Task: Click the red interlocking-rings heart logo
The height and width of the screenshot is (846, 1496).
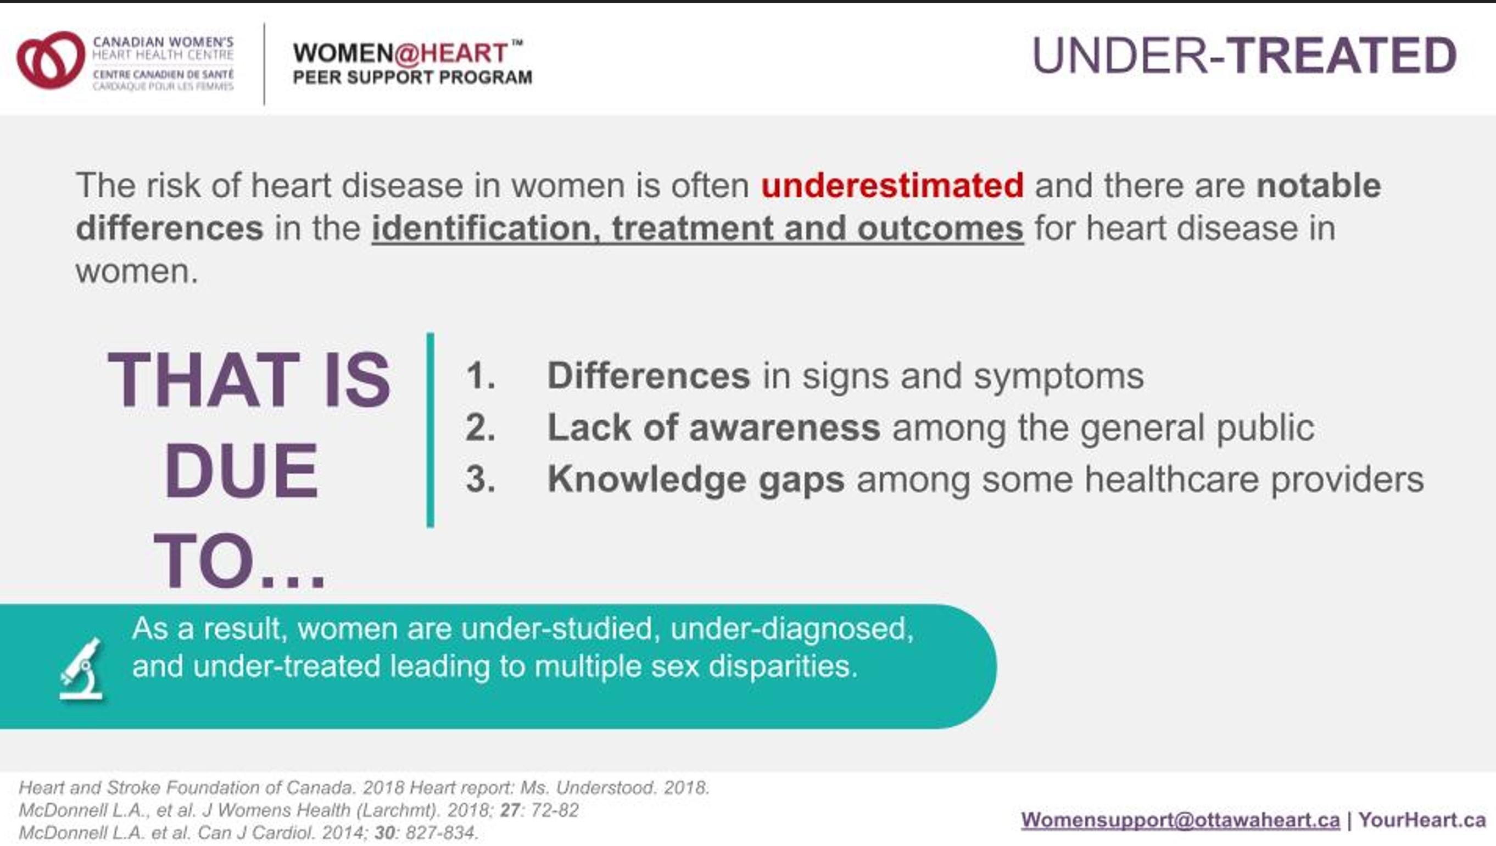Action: point(51,60)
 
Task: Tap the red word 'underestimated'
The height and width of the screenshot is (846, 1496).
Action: point(892,185)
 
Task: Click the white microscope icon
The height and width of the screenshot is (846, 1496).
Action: point(82,669)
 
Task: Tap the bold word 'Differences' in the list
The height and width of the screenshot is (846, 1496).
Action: point(649,375)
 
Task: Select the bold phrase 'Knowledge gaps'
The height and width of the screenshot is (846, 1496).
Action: point(696,480)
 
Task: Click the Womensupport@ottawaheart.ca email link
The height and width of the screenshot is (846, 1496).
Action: point(1180,820)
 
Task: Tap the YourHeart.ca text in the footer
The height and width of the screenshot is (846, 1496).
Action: point(1422,820)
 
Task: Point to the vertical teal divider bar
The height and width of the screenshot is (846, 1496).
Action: point(431,430)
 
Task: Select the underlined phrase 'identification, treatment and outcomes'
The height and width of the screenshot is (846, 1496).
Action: point(697,229)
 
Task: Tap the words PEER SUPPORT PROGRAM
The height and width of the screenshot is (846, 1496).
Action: point(412,77)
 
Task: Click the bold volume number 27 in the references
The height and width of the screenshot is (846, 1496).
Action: point(510,810)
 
